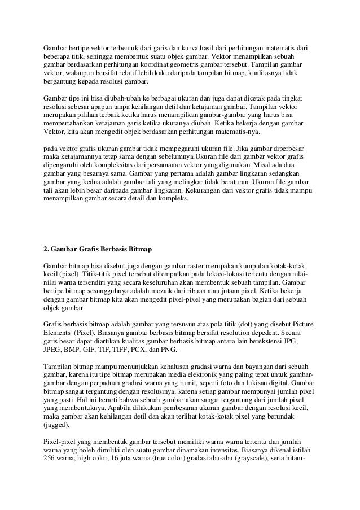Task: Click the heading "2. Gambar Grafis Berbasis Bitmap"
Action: point(98,249)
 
